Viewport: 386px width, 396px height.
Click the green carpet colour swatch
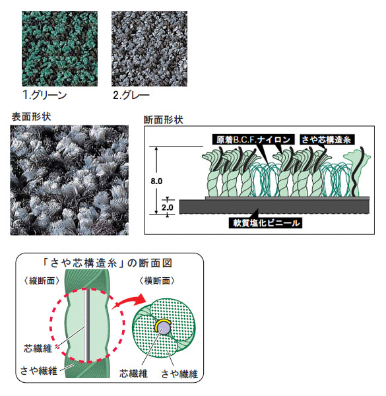(x=59, y=49)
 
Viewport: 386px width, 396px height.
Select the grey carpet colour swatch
(x=150, y=49)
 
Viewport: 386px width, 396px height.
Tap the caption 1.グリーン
(x=45, y=95)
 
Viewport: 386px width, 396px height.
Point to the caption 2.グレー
(x=131, y=95)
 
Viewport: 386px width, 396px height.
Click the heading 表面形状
(x=31, y=117)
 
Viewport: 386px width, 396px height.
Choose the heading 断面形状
(x=164, y=119)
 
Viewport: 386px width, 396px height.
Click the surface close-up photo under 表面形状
(x=69, y=180)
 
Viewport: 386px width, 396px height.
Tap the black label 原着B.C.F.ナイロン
(x=253, y=139)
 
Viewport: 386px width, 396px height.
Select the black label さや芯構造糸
(x=327, y=139)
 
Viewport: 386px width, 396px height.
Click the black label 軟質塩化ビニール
(x=265, y=223)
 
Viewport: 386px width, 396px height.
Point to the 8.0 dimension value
(x=156, y=181)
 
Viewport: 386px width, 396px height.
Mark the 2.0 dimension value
(x=168, y=208)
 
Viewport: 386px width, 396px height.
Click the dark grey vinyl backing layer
(x=274, y=207)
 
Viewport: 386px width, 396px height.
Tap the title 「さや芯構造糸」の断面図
(x=108, y=263)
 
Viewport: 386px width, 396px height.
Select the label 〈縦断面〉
(x=42, y=281)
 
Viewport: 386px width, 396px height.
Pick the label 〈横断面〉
(x=157, y=281)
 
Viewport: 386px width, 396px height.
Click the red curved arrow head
(x=141, y=298)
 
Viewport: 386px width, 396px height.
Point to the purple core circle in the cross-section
(x=164, y=329)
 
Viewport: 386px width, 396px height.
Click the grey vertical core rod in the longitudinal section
(x=86, y=325)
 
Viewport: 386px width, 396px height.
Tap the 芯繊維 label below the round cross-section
(x=133, y=374)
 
